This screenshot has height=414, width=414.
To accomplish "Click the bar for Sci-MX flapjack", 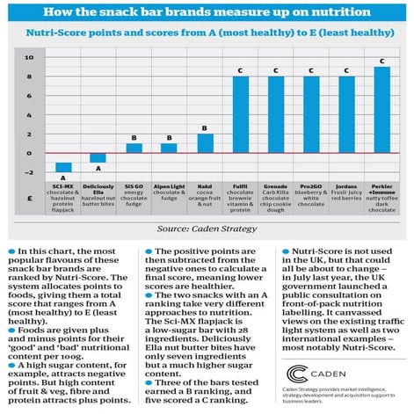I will coord(64,167).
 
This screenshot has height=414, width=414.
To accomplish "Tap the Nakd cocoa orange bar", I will coord(206,143).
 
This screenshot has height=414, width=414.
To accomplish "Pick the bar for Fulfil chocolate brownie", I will coord(241,114).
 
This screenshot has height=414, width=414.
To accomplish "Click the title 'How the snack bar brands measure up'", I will coord(207,11).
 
